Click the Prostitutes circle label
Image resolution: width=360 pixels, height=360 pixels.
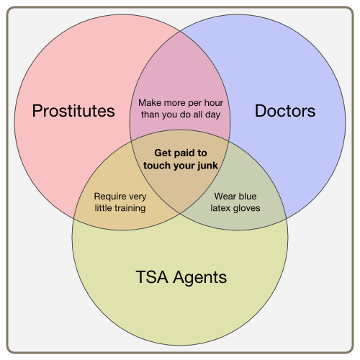(73, 111)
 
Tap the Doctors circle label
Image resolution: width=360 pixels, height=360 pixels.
(285, 111)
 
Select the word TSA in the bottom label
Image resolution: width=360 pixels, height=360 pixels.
(152, 277)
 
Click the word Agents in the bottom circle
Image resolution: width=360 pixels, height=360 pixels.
(200, 278)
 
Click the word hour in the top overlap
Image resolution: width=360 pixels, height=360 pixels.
(213, 103)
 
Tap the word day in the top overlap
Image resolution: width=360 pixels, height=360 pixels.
(212, 115)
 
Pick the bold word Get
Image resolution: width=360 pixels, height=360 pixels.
(163, 153)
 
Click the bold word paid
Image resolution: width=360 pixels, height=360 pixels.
(184, 153)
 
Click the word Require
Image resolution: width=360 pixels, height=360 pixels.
(110, 197)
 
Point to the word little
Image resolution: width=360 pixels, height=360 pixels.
(102, 208)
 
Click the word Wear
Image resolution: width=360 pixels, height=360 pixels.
(225, 197)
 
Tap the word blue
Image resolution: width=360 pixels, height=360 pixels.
(246, 196)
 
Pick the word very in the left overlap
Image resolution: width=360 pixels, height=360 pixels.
(138, 197)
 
